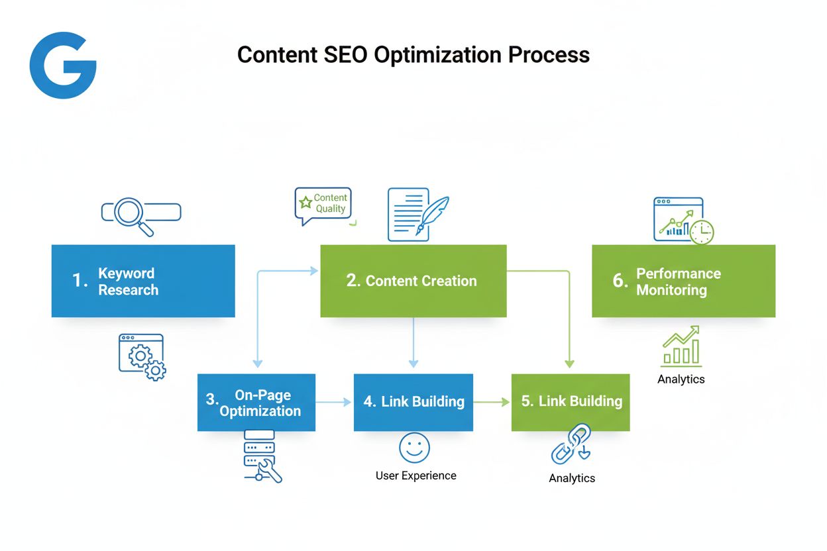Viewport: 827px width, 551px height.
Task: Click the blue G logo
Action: (62, 65)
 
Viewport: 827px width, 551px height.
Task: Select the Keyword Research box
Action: (143, 281)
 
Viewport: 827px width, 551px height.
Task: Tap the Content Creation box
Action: (413, 281)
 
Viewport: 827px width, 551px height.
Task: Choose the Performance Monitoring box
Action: (683, 281)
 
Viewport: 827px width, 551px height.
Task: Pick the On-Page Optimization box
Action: (256, 403)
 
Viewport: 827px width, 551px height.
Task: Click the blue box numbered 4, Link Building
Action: (413, 403)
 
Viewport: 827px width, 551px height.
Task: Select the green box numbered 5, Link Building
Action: (571, 403)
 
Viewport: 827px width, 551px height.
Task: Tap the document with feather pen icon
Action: (416, 213)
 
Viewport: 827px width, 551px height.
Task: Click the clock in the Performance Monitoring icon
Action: (701, 232)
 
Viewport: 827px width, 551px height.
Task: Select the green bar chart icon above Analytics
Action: (681, 346)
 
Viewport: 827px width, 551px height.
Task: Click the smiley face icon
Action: (414, 448)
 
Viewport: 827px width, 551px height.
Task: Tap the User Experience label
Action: (415, 476)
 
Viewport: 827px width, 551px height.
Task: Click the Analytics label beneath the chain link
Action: (572, 478)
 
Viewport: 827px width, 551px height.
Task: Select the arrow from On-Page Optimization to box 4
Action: (334, 402)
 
